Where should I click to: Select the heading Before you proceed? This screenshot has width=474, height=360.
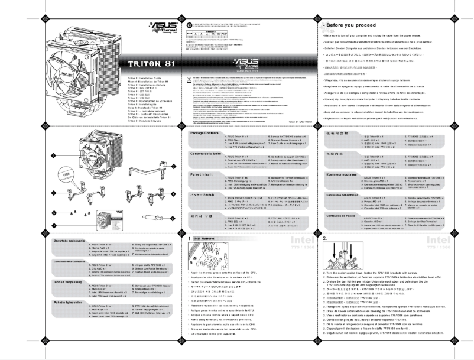click(352, 27)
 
